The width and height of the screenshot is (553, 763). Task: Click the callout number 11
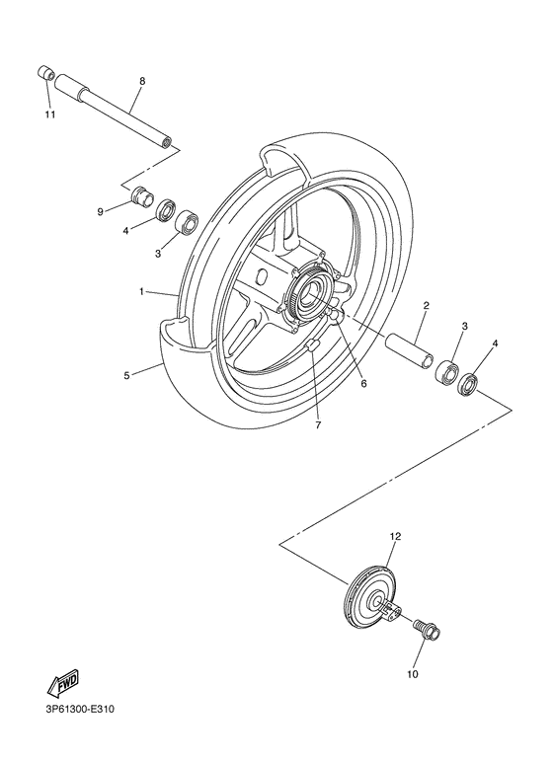tap(49, 114)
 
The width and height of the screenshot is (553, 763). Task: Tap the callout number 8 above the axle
tap(142, 80)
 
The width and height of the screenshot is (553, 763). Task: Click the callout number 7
tap(318, 425)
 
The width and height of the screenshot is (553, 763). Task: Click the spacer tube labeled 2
tap(410, 353)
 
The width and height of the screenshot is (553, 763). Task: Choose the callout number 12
tap(394, 537)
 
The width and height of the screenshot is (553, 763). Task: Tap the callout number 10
tap(412, 675)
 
